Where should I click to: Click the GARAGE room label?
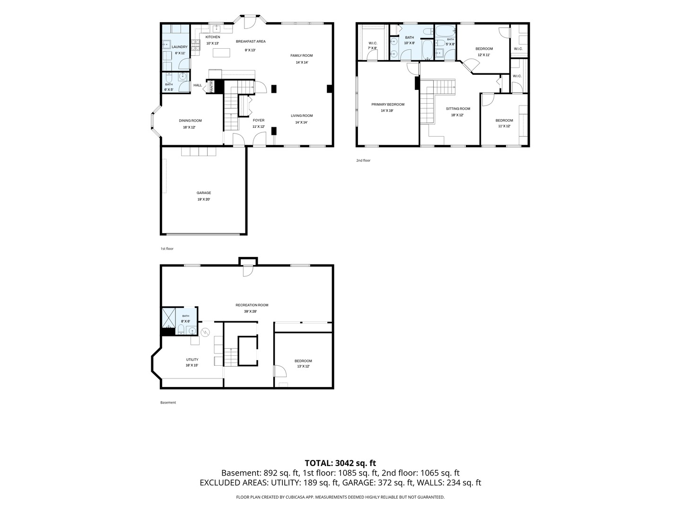coord(203,193)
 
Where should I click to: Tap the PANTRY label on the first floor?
coord(211,87)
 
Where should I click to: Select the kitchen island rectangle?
coord(221,53)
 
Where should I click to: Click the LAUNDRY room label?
coord(180,47)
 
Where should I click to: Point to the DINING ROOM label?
coord(190,121)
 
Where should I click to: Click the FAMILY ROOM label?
coord(302,55)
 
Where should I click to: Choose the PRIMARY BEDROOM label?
coord(388,105)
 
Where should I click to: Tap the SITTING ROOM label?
coord(458,109)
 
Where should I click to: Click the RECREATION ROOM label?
coord(252,305)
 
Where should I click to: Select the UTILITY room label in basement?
coord(192,360)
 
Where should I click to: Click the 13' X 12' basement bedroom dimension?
coord(303,366)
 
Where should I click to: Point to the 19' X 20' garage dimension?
coord(203,200)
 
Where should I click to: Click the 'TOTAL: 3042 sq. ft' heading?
coord(340,463)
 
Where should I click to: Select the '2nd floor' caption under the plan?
coord(363,160)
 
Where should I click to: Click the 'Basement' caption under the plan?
coord(168,402)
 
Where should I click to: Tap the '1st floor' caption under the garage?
coord(167,248)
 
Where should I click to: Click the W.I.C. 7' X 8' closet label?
coord(373,45)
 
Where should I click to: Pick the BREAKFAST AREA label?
coord(251,41)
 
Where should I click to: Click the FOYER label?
coord(258,120)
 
